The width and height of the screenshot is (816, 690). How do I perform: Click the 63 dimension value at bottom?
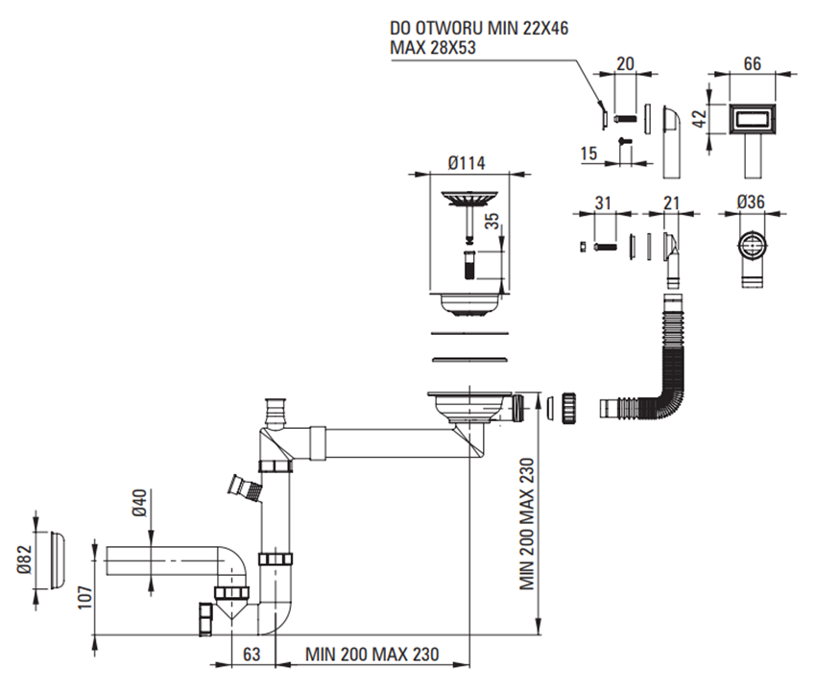coord(252,654)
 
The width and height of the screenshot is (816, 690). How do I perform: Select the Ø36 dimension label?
coord(752,202)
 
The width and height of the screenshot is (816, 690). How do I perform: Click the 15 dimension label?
coord(590,153)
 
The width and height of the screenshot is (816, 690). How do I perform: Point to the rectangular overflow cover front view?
coord(752,119)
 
